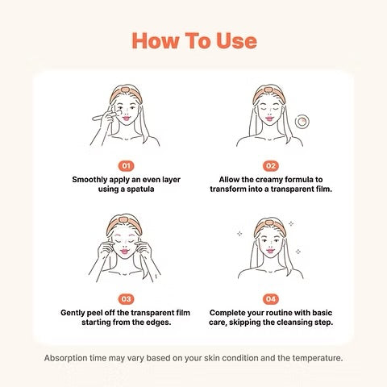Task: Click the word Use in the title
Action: pyautogui.click(x=236, y=41)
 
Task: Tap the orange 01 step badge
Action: pyautogui.click(x=126, y=166)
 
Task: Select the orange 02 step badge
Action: pyautogui.click(x=271, y=166)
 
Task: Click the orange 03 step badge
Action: pyautogui.click(x=126, y=299)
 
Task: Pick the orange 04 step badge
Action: pyautogui.click(x=271, y=299)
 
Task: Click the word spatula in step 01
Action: pyautogui.click(x=140, y=189)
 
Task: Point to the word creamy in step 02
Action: pyautogui.click(x=269, y=180)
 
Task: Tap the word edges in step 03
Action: pyautogui.click(x=157, y=322)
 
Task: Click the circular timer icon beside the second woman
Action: pyautogui.click(x=302, y=122)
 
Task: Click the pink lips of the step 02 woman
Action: pyautogui.click(x=269, y=119)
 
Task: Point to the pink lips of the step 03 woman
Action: pyautogui.click(x=124, y=252)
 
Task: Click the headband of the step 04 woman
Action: pyautogui.click(x=269, y=227)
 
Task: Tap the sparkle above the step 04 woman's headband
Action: pyautogui.click(x=291, y=223)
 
